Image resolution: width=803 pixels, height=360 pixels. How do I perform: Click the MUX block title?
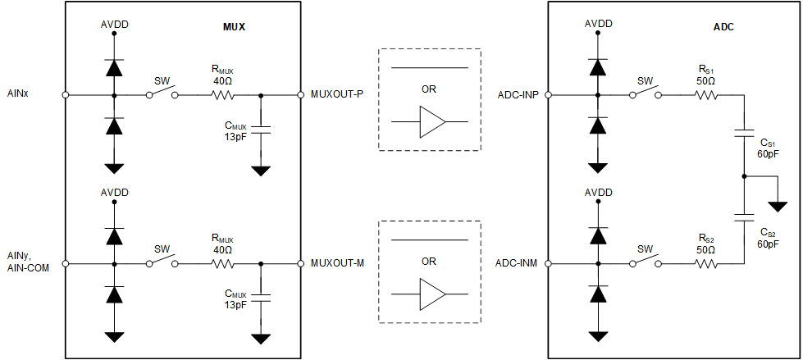(235, 26)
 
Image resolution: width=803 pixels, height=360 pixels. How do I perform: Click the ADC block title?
(723, 26)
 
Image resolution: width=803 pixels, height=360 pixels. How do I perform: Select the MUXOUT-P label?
(338, 95)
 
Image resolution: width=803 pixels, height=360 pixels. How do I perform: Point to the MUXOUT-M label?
(338, 263)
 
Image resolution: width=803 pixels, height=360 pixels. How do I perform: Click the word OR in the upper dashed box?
(428, 89)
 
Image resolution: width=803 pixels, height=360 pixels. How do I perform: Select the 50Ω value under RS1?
(706, 82)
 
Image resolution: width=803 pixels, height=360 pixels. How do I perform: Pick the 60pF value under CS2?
(768, 244)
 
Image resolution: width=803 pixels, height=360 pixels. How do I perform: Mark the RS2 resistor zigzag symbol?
(706, 263)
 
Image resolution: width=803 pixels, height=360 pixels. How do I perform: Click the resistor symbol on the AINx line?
(223, 95)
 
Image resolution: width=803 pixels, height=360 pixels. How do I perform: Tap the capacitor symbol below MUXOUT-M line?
(261, 298)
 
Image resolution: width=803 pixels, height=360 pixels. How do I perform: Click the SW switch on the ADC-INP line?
(646, 93)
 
